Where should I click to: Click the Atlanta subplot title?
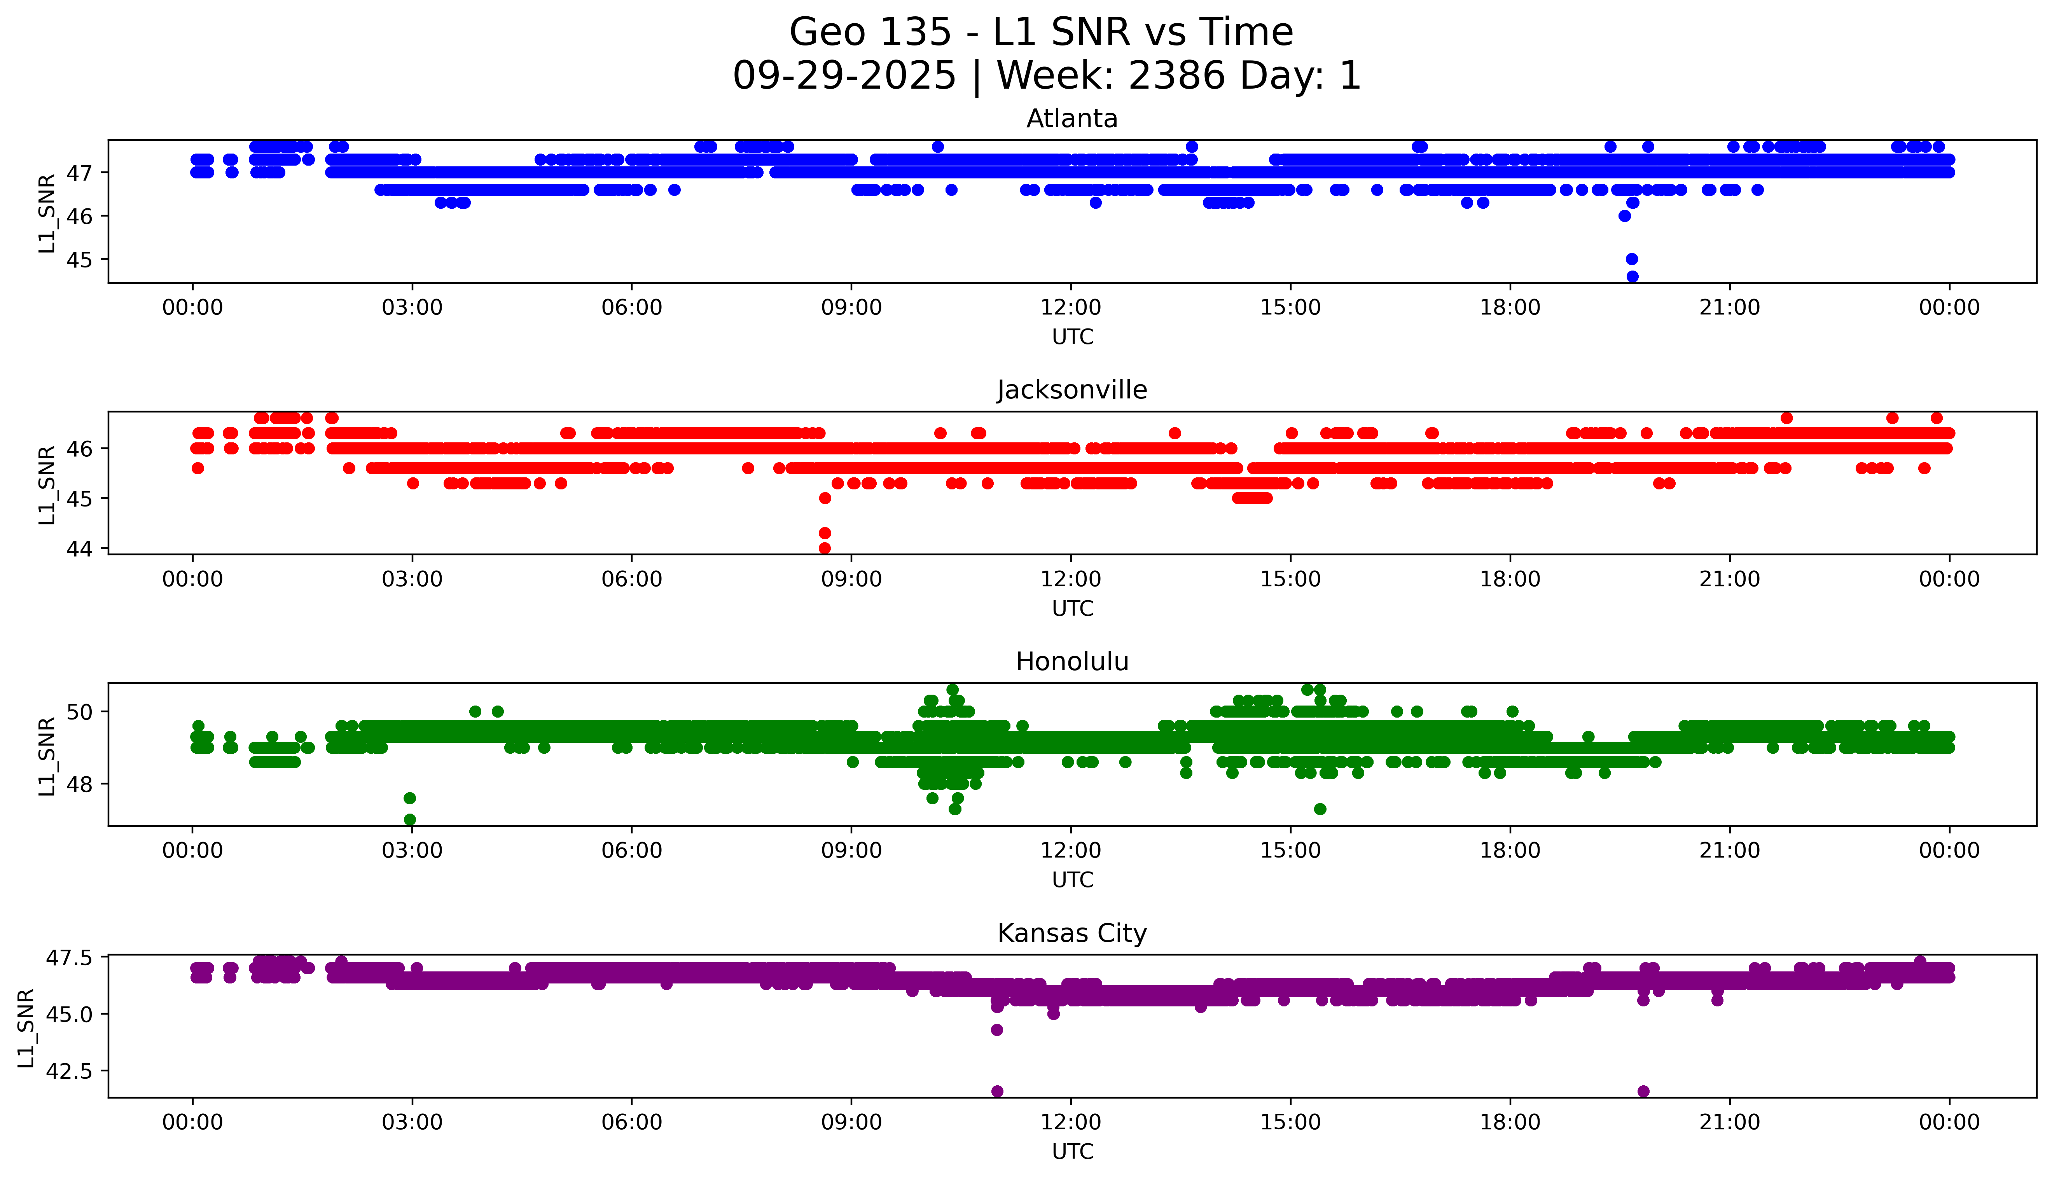click(1071, 119)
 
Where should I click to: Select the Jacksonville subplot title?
click(1071, 390)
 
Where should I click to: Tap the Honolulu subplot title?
click(1071, 662)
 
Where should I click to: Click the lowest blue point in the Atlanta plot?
click(1632, 276)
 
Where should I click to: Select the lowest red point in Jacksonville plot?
click(824, 548)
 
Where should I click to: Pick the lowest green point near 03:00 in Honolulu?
click(410, 819)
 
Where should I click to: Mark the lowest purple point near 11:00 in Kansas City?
click(997, 1091)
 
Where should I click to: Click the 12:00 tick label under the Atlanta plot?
click(1071, 308)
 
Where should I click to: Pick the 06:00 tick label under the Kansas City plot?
click(632, 1122)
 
